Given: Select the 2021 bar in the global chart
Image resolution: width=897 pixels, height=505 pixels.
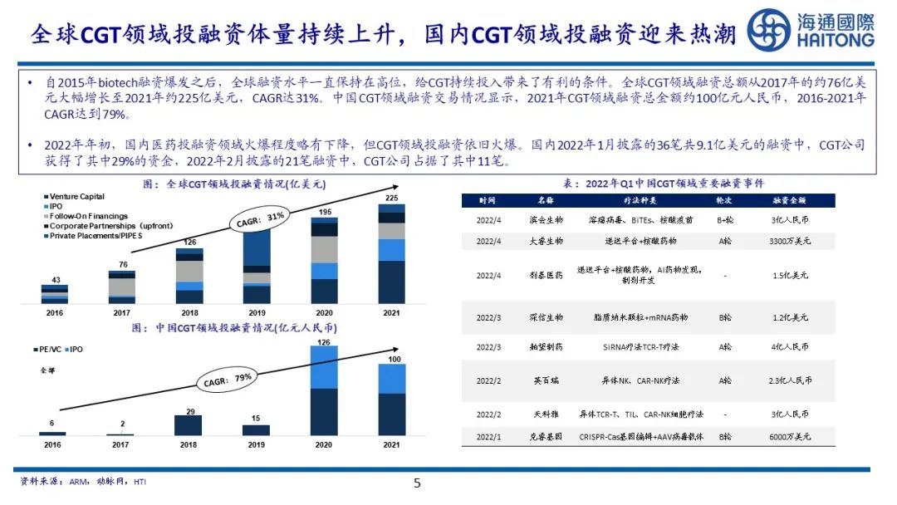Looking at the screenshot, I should click(x=392, y=254).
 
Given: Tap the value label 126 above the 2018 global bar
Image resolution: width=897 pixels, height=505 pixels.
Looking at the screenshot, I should click(x=189, y=243).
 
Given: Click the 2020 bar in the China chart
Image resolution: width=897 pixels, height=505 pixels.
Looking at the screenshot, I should click(x=324, y=391).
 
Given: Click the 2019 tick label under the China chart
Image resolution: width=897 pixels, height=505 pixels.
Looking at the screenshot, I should click(x=256, y=444).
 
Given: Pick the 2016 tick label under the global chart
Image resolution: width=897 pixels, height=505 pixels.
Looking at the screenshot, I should click(x=54, y=312).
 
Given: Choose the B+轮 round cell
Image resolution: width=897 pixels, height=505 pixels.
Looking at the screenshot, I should click(x=724, y=220).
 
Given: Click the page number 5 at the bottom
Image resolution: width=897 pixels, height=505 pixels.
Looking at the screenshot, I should click(x=418, y=483).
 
